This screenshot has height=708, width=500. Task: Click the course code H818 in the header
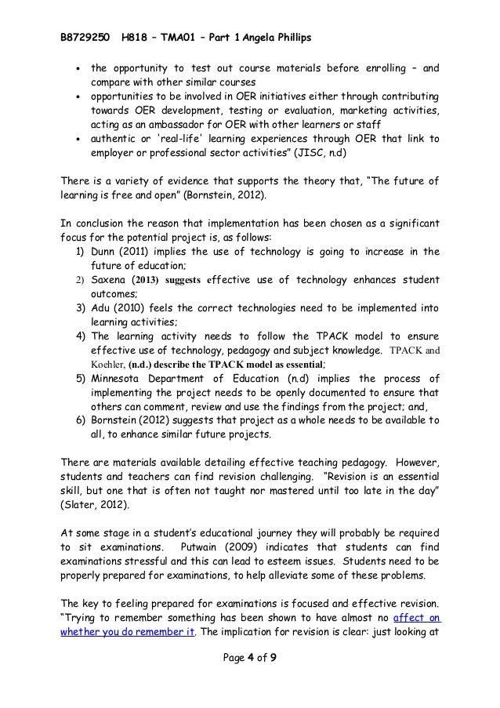pyautogui.click(x=139, y=15)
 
